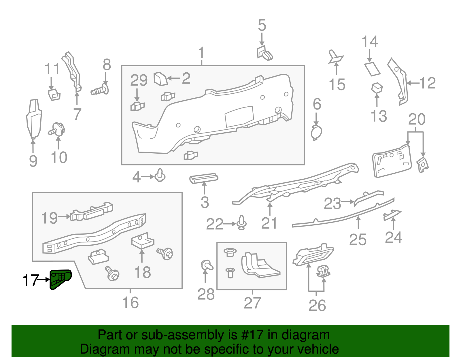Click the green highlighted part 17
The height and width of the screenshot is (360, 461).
pos(60,278)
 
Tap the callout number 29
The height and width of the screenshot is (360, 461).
pos(139,80)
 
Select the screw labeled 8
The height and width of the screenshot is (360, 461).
pos(99,91)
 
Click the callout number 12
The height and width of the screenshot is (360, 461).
pos(427,83)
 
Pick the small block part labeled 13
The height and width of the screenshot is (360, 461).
pos(377,87)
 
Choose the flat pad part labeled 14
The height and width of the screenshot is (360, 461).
pos(372,69)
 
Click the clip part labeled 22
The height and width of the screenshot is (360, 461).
pos(241,223)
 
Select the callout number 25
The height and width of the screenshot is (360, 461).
pos(358,240)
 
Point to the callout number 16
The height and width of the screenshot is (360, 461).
pos(130,303)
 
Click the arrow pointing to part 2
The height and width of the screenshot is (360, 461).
pos(173,78)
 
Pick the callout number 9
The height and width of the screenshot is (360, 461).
pos(33,161)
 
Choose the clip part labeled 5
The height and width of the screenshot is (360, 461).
pos(265,52)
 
